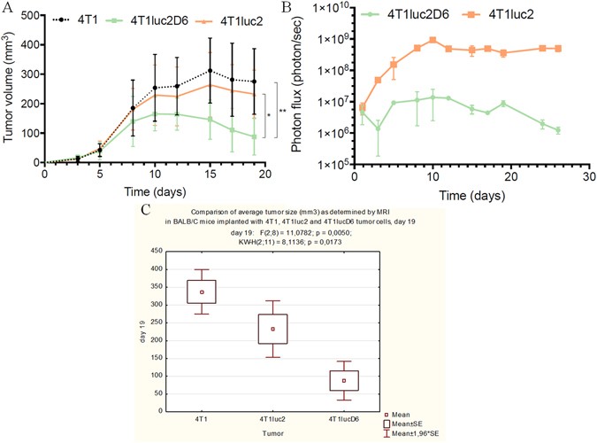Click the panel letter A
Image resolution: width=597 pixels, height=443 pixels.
click(7, 9)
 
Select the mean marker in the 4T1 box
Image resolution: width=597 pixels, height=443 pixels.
click(202, 291)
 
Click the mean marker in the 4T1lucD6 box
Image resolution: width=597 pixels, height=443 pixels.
click(344, 380)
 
